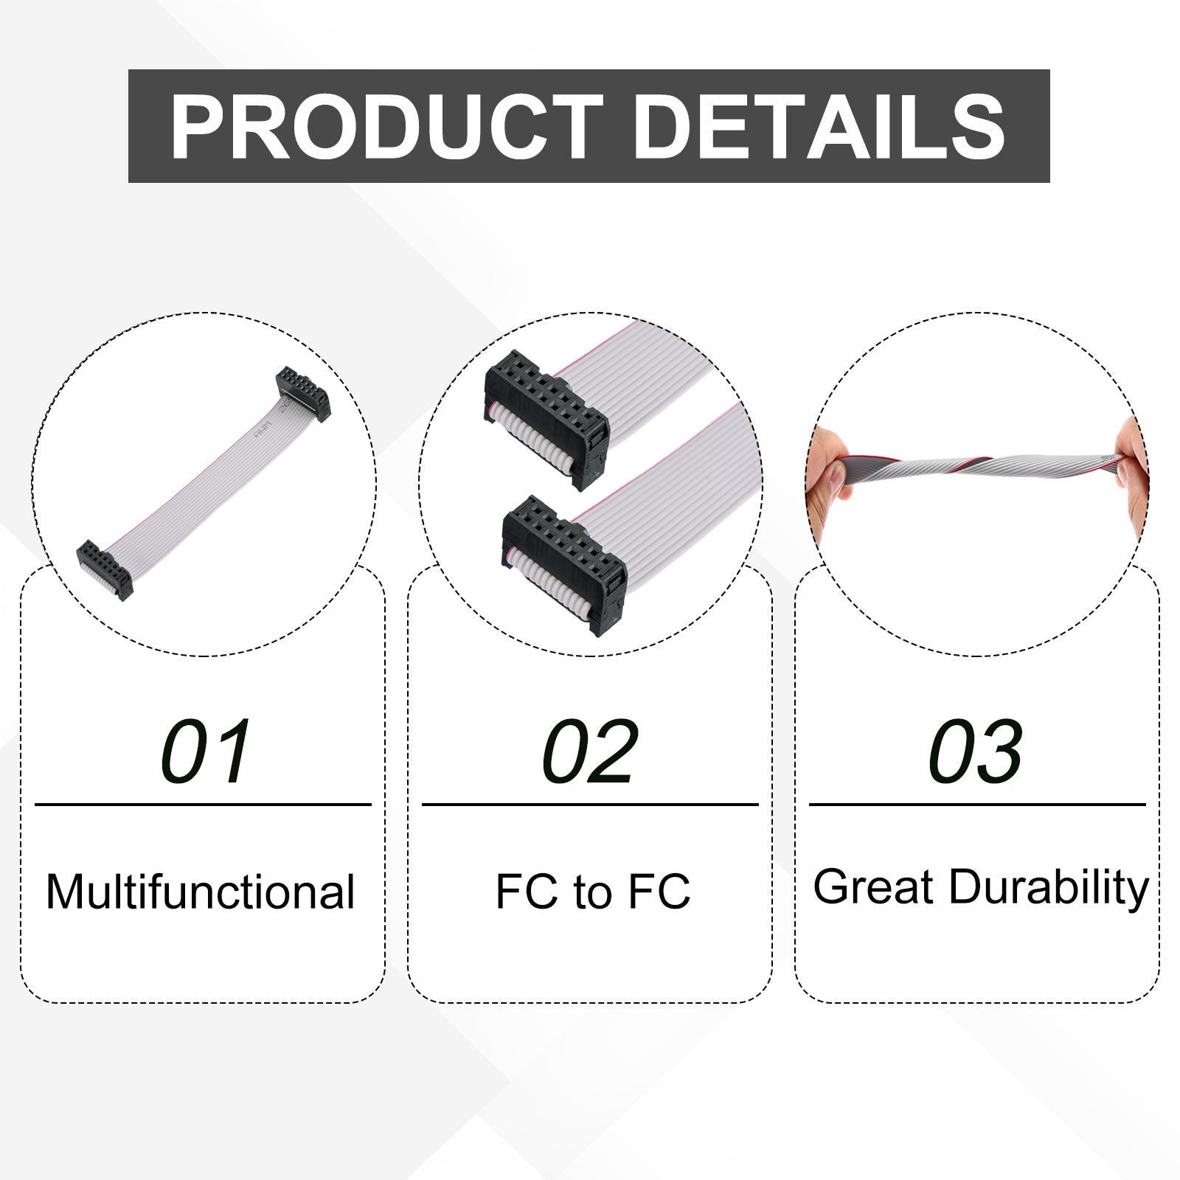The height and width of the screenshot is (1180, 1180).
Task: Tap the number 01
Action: pyautogui.click(x=206, y=752)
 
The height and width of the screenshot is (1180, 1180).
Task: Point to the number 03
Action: pyautogui.click(x=976, y=752)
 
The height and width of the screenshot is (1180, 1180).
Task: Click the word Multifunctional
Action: pyautogui.click(x=201, y=892)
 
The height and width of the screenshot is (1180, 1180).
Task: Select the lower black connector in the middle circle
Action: pyautogui.click(x=564, y=565)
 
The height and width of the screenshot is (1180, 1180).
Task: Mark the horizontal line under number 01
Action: pyautogui.click(x=203, y=805)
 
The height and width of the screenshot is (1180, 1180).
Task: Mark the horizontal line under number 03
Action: pyautogui.click(x=977, y=805)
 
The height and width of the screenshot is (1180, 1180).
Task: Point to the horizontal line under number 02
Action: pyautogui.click(x=590, y=805)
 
